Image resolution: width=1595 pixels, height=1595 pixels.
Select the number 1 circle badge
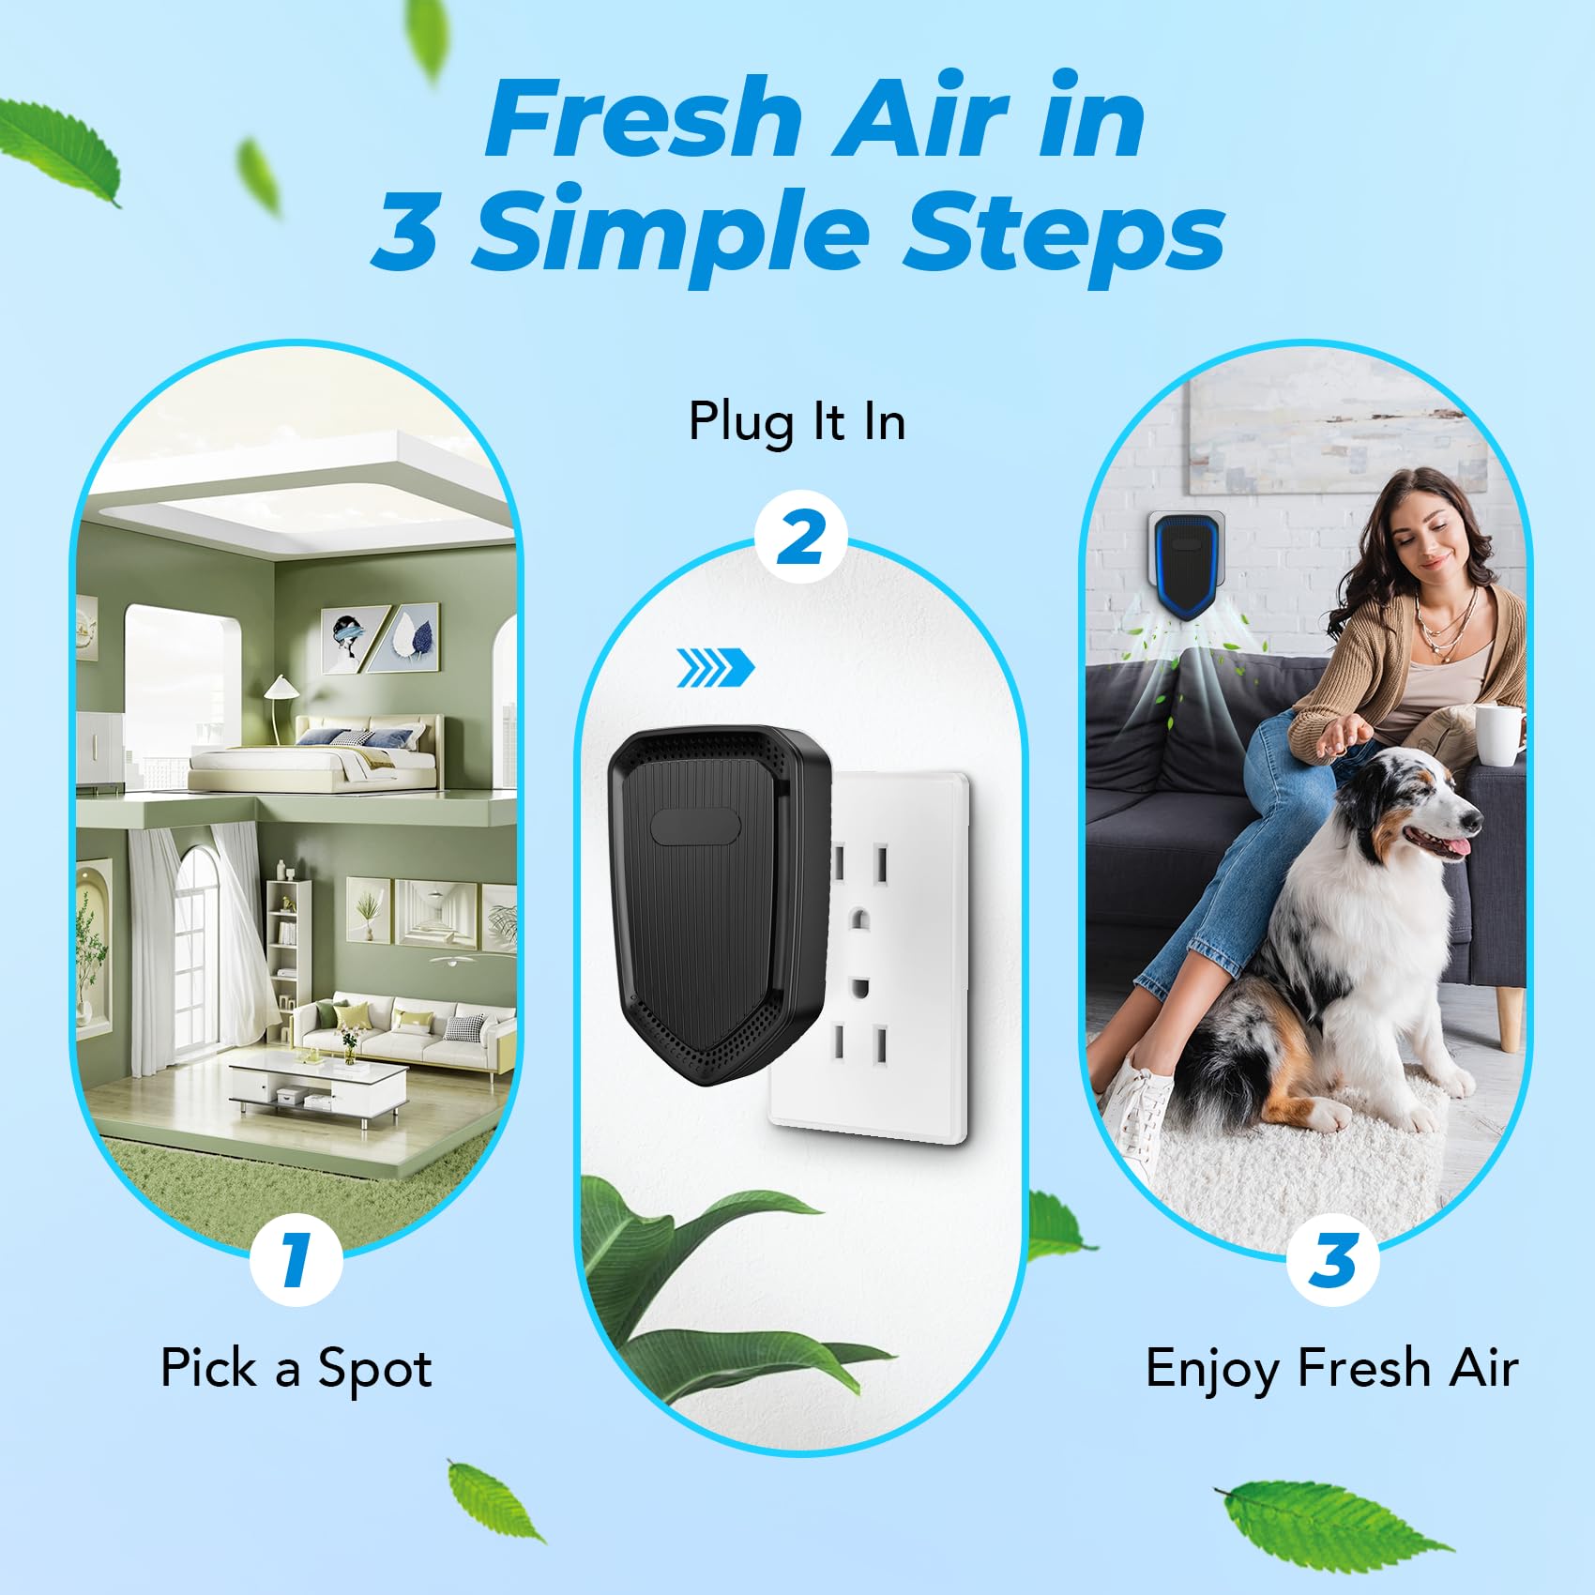[x=296, y=1259]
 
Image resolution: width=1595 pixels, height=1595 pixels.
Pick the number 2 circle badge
[x=800, y=538]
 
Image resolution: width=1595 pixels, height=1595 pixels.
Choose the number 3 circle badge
[x=1332, y=1259]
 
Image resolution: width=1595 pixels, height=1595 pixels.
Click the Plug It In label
[x=797, y=421]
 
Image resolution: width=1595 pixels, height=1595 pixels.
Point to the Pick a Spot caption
[x=296, y=1368]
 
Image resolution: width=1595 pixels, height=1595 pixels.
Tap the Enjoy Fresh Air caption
[x=1331, y=1368]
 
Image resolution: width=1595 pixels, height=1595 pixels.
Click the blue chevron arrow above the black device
[x=716, y=667]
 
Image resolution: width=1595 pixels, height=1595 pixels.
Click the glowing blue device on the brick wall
[x=1188, y=563]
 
